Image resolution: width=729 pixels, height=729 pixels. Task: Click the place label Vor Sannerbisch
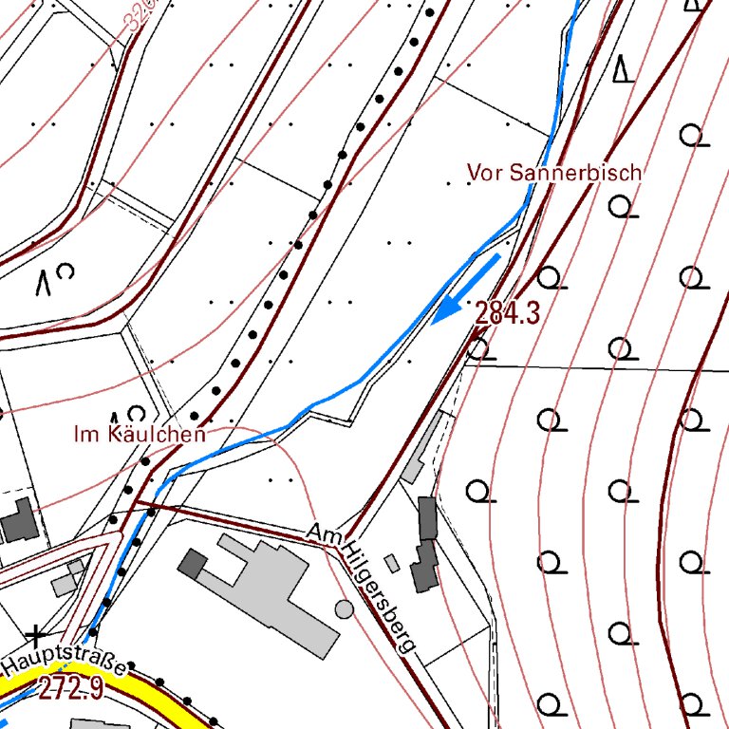(554, 173)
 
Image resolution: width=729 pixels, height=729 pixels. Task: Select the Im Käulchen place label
(140, 435)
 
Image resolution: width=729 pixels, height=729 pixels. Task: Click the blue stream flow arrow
(466, 289)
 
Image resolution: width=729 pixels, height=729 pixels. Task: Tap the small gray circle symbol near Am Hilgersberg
(345, 607)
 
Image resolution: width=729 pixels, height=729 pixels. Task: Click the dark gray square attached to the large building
(193, 563)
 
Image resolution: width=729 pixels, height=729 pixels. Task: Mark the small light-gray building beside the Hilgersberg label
(392, 563)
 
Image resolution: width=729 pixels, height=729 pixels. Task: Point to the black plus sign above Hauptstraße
(36, 633)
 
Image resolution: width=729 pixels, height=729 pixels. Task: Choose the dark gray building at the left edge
(17, 520)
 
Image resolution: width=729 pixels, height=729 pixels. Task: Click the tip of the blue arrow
(434, 322)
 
